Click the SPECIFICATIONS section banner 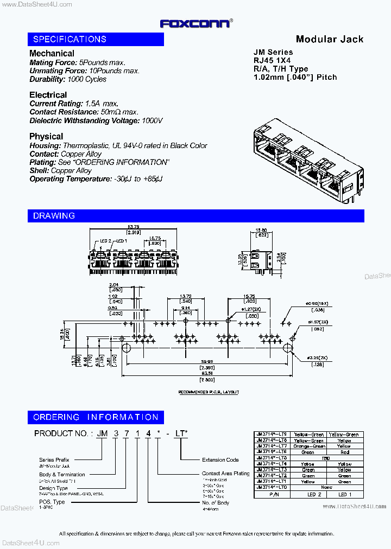click(x=96, y=39)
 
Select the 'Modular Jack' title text click(x=329, y=39)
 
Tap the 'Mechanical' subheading click(x=52, y=53)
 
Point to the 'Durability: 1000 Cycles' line click(x=68, y=79)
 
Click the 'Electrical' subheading click(x=48, y=95)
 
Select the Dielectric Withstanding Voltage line click(x=96, y=120)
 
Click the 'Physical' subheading click(x=46, y=136)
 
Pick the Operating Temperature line click(x=96, y=179)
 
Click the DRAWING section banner click(x=195, y=216)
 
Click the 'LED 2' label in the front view click(x=105, y=241)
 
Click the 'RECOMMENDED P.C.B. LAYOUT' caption click(x=209, y=392)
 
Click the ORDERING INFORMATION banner click(x=96, y=417)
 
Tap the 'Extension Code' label click(x=220, y=460)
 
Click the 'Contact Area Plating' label click(x=225, y=474)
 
